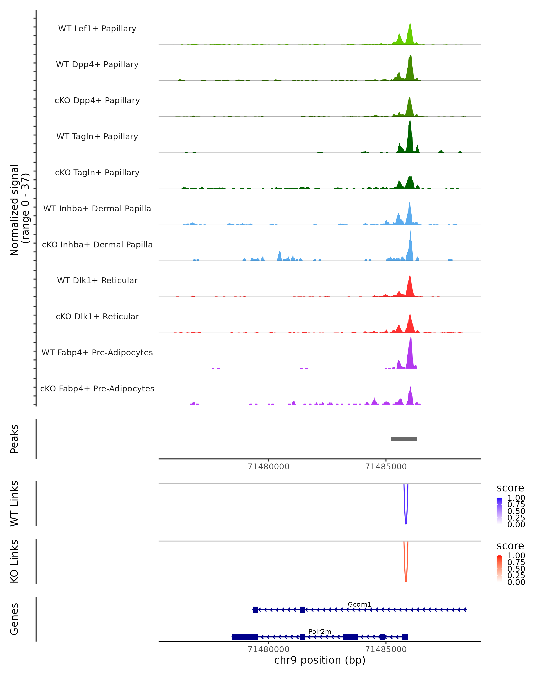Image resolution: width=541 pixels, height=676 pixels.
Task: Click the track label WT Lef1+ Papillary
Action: (x=97, y=29)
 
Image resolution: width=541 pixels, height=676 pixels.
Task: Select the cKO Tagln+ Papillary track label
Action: (x=97, y=172)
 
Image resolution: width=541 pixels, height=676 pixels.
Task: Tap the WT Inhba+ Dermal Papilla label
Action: (x=97, y=208)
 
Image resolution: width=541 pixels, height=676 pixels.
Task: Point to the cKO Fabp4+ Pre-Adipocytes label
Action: (x=97, y=388)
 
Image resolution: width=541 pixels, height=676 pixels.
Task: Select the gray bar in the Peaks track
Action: (x=404, y=439)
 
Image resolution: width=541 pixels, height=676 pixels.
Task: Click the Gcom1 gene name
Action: (x=359, y=604)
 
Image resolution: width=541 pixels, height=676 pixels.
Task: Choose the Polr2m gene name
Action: (x=320, y=631)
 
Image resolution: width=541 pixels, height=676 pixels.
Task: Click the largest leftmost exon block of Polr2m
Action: (x=245, y=637)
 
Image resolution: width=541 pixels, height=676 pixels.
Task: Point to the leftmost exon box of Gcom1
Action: (x=255, y=610)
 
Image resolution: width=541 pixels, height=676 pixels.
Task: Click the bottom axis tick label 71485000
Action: (x=386, y=649)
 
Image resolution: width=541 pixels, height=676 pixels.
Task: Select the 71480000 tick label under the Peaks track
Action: (x=268, y=467)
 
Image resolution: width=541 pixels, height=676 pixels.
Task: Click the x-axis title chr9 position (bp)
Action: (x=320, y=660)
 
